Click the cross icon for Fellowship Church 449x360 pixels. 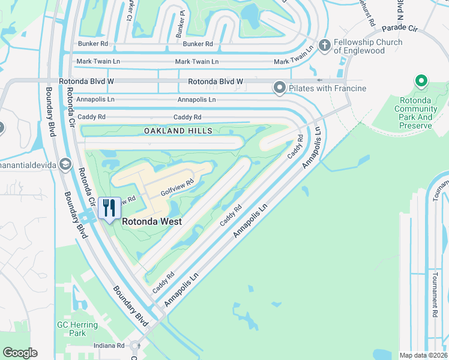pos(325,46)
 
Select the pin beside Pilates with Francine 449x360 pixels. pos(279,88)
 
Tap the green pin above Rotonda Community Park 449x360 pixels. pos(421,81)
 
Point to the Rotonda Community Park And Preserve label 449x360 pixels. pos(415,113)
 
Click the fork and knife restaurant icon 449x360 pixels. pos(109,208)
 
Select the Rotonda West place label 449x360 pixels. pos(152,221)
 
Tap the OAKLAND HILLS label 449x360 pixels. pos(178,130)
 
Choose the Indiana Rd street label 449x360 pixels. pos(109,346)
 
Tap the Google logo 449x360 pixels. pos(20,353)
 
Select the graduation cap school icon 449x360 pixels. pos(65,164)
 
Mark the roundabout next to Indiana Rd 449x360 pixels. pos(135,346)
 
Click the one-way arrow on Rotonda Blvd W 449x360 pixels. pos(319,80)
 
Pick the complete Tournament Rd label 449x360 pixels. pos(435,294)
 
